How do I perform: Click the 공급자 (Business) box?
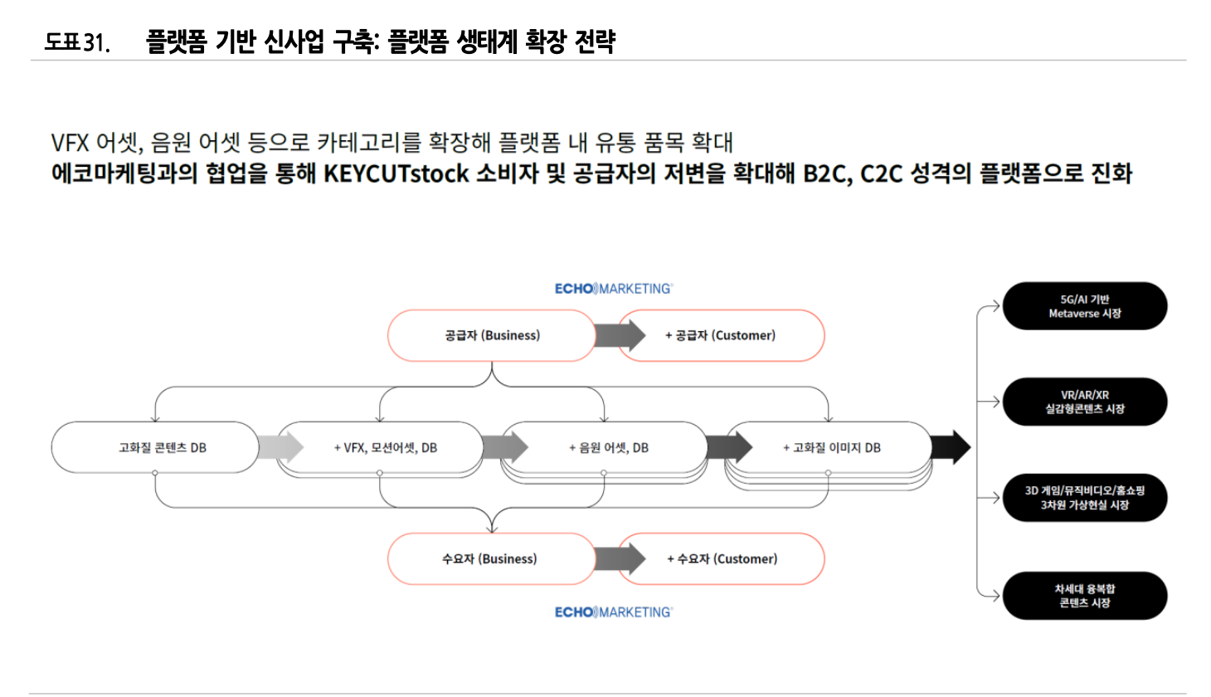click(x=491, y=335)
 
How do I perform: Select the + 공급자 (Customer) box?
click(x=720, y=335)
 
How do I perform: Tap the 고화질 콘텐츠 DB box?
click(x=155, y=447)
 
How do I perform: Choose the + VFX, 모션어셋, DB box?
click(x=385, y=447)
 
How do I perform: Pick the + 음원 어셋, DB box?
click(x=608, y=447)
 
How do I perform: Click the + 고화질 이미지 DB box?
click(x=831, y=447)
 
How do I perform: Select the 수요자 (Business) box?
click(x=489, y=558)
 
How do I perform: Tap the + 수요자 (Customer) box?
click(x=722, y=558)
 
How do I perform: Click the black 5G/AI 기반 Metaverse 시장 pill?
click(x=1084, y=306)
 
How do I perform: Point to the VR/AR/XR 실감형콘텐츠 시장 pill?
click(x=1084, y=402)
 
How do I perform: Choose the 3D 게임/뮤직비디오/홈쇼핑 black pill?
click(x=1084, y=498)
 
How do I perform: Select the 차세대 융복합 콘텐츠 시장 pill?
click(x=1084, y=596)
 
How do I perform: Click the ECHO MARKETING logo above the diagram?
click(x=613, y=289)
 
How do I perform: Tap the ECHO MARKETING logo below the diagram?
click(x=613, y=612)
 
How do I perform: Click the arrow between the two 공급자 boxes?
click(x=620, y=335)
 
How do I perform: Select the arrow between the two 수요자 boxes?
click(x=620, y=558)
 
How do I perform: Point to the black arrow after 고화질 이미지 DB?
click(x=950, y=447)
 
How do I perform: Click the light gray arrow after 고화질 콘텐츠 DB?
click(x=280, y=447)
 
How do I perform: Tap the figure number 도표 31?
click(x=76, y=41)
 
